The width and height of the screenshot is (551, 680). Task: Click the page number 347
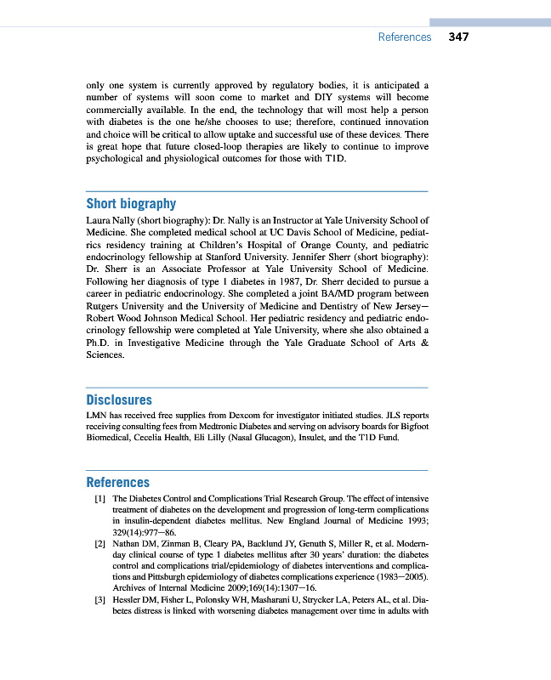click(x=458, y=37)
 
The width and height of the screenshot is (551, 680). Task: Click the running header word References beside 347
click(x=404, y=37)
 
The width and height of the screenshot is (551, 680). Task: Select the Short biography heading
click(x=131, y=203)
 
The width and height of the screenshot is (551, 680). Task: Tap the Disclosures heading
click(x=119, y=399)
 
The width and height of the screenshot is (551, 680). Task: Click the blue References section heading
click(x=117, y=482)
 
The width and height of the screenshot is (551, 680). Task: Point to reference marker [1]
click(x=99, y=498)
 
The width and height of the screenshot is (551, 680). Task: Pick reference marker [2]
click(x=99, y=540)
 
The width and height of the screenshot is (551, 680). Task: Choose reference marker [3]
click(x=99, y=599)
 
